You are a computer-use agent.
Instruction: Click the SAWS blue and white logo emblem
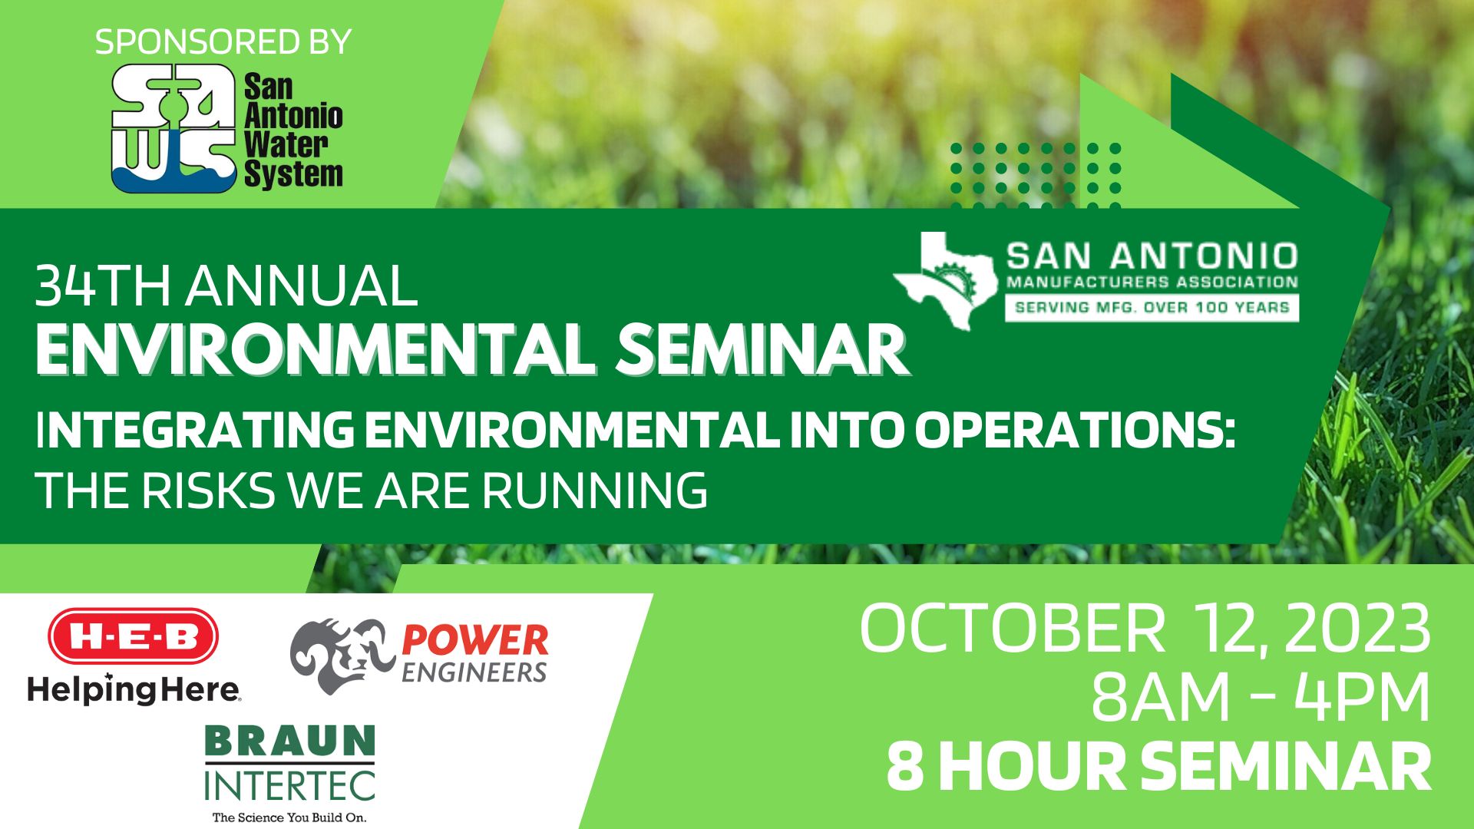[174, 128]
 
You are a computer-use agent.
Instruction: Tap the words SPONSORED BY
[223, 41]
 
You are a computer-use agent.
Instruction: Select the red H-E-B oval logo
[134, 636]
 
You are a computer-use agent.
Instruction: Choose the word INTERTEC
[290, 784]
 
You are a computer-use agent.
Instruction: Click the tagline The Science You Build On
[289, 817]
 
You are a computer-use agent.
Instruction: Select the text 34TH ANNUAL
[226, 286]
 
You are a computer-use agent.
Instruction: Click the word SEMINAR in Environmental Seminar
[763, 350]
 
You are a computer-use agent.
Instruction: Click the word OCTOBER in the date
[1013, 629]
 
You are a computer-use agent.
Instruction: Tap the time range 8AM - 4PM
[1261, 697]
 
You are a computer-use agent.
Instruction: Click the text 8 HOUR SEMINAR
[1158, 767]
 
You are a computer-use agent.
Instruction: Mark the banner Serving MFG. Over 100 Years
[1152, 308]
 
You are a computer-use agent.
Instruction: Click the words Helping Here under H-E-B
[134, 689]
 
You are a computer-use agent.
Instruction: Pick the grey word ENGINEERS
[474, 673]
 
